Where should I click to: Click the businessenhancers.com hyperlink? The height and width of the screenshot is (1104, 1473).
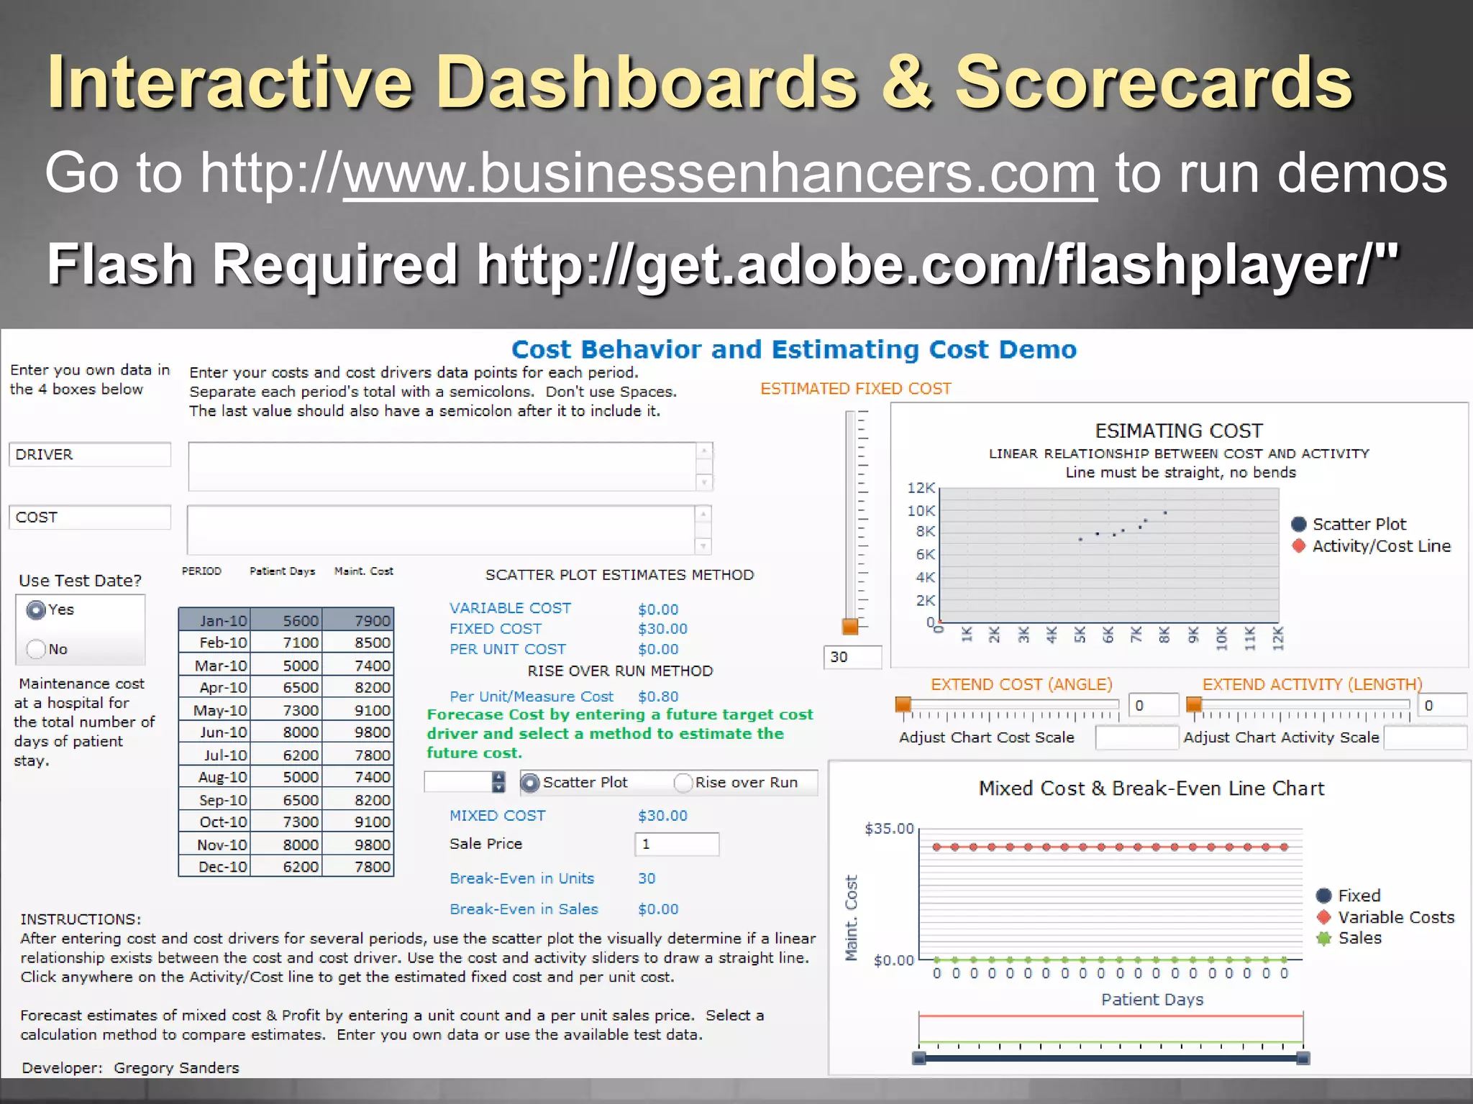pyautogui.click(x=719, y=174)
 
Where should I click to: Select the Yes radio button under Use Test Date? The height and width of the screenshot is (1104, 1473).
pyautogui.click(x=36, y=610)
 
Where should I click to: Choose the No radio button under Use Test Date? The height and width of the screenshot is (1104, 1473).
pyautogui.click(x=36, y=649)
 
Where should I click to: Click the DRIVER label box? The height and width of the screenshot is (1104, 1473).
pyautogui.click(x=90, y=454)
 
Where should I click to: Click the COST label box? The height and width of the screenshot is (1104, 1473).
pyautogui.click(x=90, y=517)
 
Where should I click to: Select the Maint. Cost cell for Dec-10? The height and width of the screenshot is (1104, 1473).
pyautogui.click(x=358, y=867)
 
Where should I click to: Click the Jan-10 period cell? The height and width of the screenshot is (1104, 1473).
pyautogui.click(x=214, y=620)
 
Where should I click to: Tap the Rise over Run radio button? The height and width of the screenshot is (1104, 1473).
pyautogui.click(x=683, y=783)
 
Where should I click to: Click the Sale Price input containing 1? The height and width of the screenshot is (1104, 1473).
pyautogui.click(x=676, y=844)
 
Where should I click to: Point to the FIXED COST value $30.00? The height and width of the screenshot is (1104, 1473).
pyautogui.click(x=662, y=629)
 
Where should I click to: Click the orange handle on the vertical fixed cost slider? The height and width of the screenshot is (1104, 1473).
pyautogui.click(x=850, y=626)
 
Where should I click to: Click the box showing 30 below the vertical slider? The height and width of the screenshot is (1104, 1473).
pyautogui.click(x=852, y=657)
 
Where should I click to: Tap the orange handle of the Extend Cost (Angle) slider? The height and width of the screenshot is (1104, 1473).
pyautogui.click(x=903, y=705)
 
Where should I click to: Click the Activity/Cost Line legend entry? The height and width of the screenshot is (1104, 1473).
pyautogui.click(x=1380, y=546)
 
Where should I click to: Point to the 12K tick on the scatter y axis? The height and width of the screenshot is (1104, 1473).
pyautogui.click(x=921, y=488)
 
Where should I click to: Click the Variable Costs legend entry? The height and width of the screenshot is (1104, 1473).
pyautogui.click(x=1395, y=917)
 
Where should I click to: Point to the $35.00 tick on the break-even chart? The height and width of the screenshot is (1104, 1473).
pyautogui.click(x=889, y=829)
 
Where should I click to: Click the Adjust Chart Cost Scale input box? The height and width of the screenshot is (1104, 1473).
pyautogui.click(x=1136, y=737)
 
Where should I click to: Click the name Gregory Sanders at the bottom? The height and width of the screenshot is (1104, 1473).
pyautogui.click(x=176, y=1068)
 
